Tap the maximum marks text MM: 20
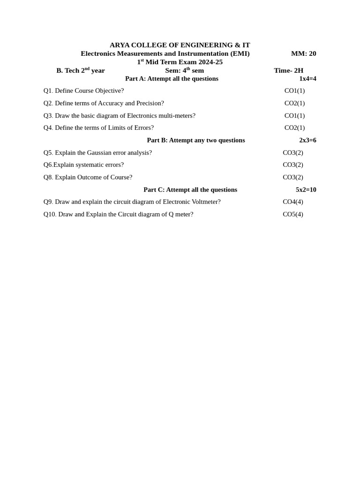point(303,53)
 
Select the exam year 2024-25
point(210,62)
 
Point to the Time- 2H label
point(288,70)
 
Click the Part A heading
point(172,79)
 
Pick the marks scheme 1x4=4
point(307,79)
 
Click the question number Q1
point(48,90)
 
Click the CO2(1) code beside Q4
point(294,127)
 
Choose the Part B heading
point(196,140)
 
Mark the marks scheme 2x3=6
point(307,140)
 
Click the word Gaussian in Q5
point(99,152)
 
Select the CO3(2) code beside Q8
point(293,177)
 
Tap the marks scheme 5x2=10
point(306,189)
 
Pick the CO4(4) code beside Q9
point(293,202)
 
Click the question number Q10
point(50,214)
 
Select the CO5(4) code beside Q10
point(293,214)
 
